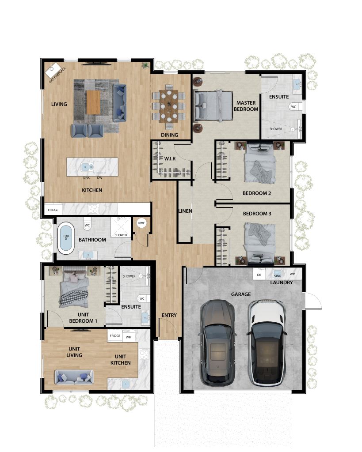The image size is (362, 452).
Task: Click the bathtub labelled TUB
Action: coord(66,238)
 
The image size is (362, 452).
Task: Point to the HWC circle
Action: coord(141,223)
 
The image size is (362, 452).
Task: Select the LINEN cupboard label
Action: coord(185,211)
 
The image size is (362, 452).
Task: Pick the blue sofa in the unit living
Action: coord(74,377)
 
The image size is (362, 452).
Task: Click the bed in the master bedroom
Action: coord(213,105)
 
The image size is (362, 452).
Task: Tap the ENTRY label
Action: coord(169,315)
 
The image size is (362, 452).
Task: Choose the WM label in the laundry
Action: coord(293,275)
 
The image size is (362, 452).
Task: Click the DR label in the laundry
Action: coord(259,275)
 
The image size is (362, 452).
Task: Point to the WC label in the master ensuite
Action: coord(293,107)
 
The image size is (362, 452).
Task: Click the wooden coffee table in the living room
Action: coord(93,102)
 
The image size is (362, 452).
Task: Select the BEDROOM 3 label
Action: coord(257,214)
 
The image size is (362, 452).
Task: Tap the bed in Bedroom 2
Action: coord(260,163)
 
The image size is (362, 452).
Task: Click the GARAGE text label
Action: coord(240,294)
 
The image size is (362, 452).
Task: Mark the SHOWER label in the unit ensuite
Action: coord(129,276)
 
